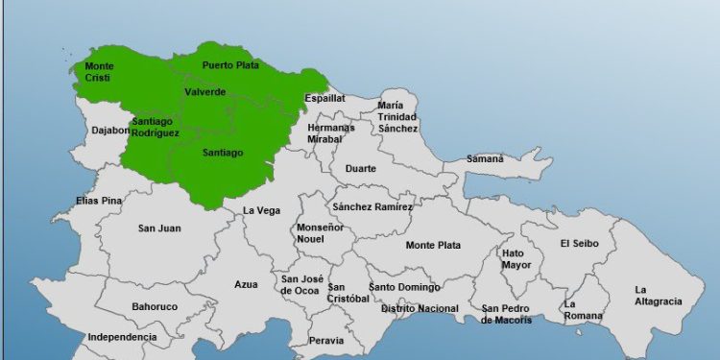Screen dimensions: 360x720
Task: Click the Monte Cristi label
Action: pos(99,72)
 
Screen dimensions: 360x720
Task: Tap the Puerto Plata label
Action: pos(230,65)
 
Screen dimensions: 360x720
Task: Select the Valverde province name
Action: pos(205,92)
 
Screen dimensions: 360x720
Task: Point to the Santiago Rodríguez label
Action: pos(156,127)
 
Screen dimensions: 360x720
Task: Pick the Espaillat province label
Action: pos(324,98)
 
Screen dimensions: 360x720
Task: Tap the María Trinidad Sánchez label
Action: pos(397,116)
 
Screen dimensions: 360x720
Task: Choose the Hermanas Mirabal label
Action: pos(331,133)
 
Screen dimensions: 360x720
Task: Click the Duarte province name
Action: pos(361,169)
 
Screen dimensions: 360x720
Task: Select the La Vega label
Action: pos(261,210)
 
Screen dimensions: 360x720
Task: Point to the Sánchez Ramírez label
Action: pos(372,206)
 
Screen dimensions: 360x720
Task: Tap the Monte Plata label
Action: pos(433,245)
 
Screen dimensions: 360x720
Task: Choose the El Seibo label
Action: pos(580,244)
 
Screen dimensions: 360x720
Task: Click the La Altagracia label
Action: pos(658,296)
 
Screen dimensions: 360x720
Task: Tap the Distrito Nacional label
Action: pos(420,309)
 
